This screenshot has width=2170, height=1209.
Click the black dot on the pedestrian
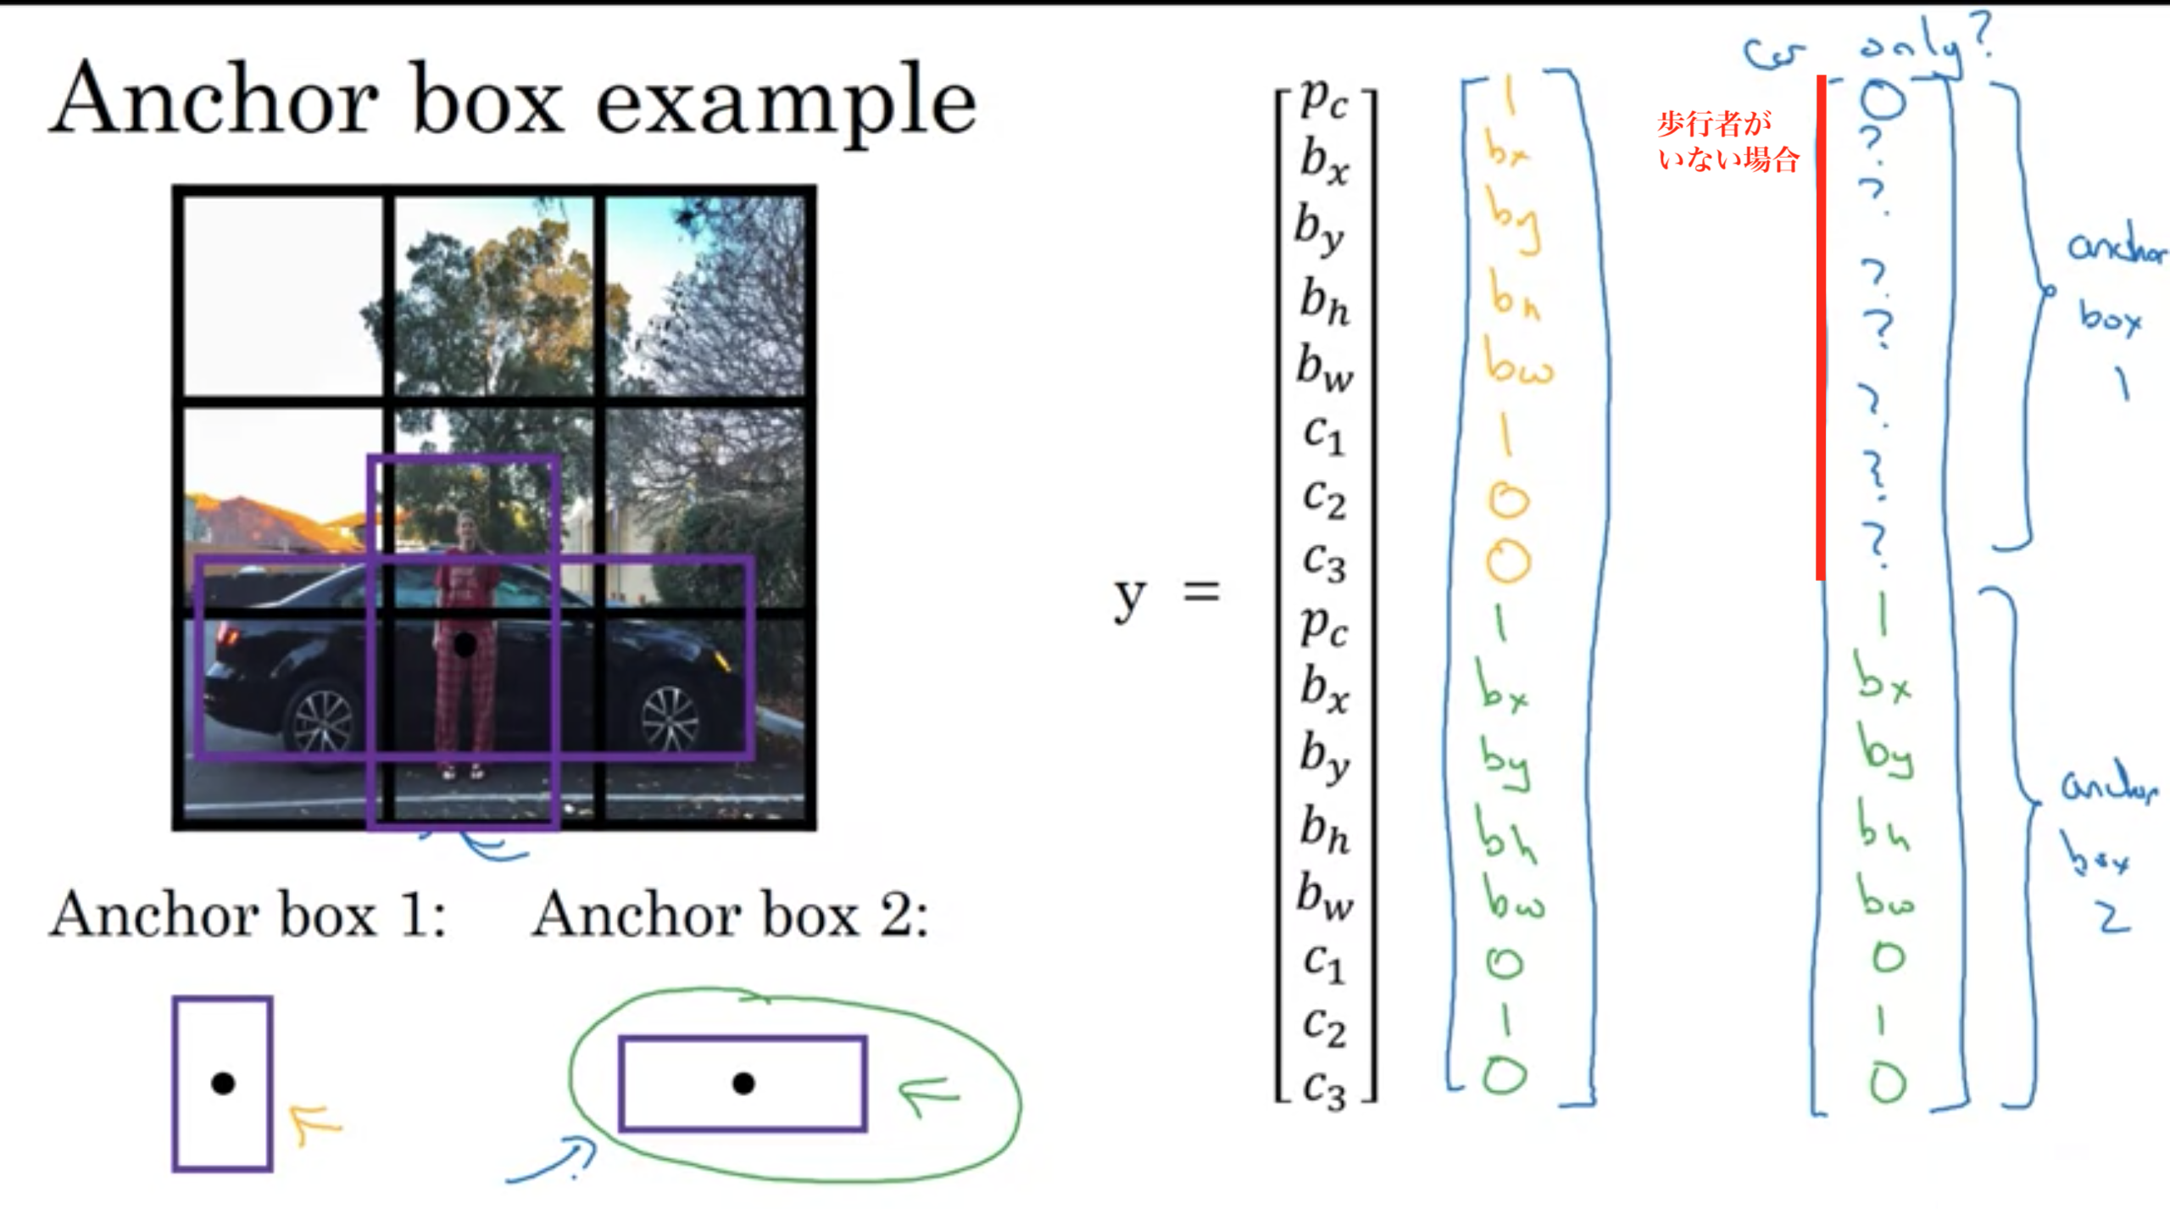(465, 645)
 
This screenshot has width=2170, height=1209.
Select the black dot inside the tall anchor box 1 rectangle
(223, 1084)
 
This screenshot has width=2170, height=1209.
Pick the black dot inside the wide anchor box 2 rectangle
(743, 1084)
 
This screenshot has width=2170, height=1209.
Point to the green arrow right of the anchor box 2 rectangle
(928, 1094)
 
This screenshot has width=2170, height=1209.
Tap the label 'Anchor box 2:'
(729, 916)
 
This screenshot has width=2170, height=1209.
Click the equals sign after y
(1201, 592)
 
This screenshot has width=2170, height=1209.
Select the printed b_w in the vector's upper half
(1324, 368)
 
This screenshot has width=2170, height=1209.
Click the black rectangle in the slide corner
(2053, 1184)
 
